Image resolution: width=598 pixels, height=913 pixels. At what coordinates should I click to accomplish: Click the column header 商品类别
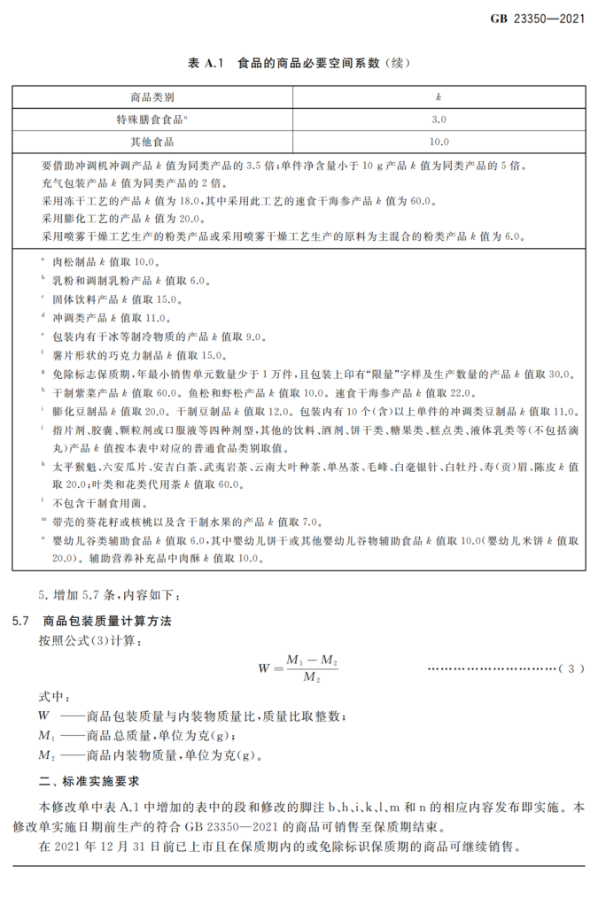point(151,97)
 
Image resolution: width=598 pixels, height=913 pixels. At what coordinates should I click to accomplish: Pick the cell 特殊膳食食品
point(150,119)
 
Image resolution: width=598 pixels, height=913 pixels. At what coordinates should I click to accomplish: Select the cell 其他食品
point(151,141)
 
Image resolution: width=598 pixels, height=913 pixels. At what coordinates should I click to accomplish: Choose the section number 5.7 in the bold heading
point(21,621)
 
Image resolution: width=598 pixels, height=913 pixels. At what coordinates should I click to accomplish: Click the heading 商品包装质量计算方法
point(105,621)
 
